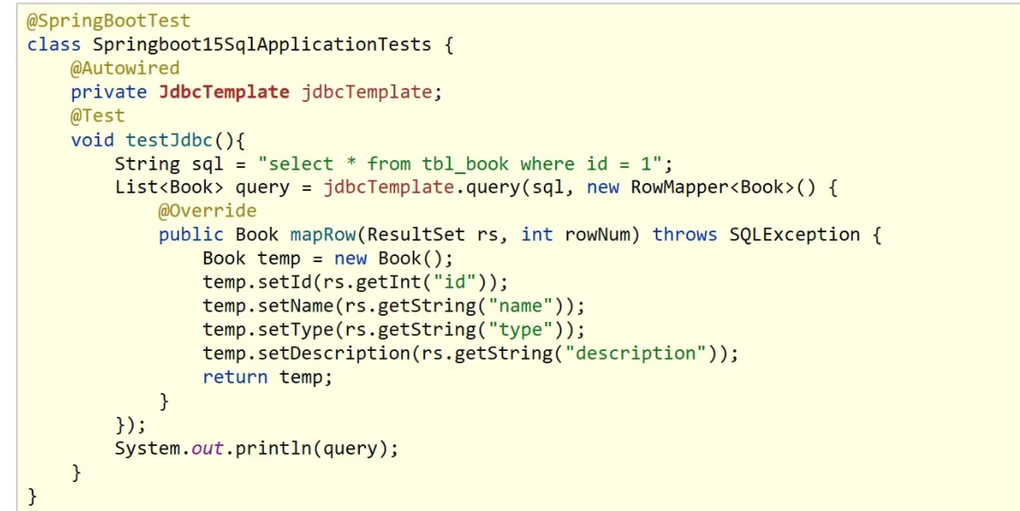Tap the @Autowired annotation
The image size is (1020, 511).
[x=125, y=68]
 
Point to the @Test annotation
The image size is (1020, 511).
[x=98, y=115]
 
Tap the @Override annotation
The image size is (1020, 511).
[x=208, y=211]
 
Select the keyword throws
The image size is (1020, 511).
[x=685, y=235]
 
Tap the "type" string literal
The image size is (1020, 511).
[x=527, y=330]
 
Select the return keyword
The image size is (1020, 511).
[x=235, y=377]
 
